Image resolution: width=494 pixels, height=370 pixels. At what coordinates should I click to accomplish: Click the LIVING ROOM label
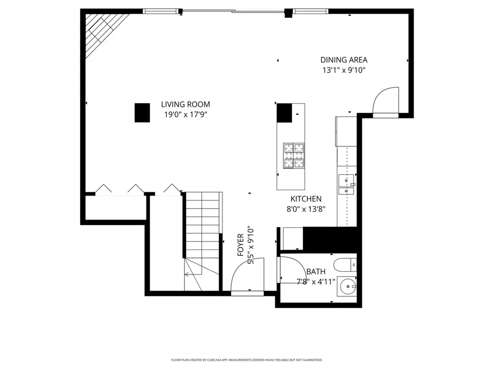(185, 105)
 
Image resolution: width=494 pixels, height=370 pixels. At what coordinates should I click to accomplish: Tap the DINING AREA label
(343, 60)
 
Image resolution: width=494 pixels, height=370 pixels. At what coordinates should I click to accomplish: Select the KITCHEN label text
(306, 199)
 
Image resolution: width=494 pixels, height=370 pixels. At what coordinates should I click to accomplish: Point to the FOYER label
(241, 245)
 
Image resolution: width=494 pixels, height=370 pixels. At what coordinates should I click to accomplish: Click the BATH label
(316, 272)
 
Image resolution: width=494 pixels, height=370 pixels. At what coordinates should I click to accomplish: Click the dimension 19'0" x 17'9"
(185, 115)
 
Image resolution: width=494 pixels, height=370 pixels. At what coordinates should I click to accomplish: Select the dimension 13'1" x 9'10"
(343, 70)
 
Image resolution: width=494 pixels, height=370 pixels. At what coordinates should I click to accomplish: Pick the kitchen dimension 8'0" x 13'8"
(306, 209)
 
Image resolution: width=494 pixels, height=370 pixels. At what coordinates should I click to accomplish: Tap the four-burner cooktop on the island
(294, 156)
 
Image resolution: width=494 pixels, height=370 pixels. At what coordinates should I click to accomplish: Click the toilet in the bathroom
(345, 264)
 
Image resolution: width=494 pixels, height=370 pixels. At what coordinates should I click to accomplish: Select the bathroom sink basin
(347, 287)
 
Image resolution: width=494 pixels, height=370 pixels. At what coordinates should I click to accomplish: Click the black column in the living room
(142, 113)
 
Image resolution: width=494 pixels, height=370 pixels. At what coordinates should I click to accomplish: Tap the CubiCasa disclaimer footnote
(247, 360)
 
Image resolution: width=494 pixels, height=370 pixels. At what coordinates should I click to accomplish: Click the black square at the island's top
(285, 113)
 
